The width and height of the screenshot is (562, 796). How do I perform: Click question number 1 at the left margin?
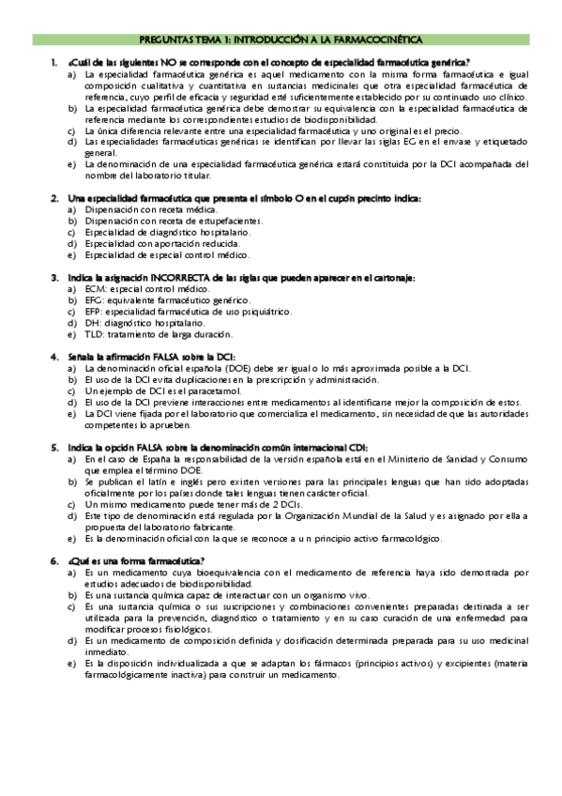(x=53, y=62)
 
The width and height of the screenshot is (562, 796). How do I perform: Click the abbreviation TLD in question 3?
(x=93, y=334)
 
